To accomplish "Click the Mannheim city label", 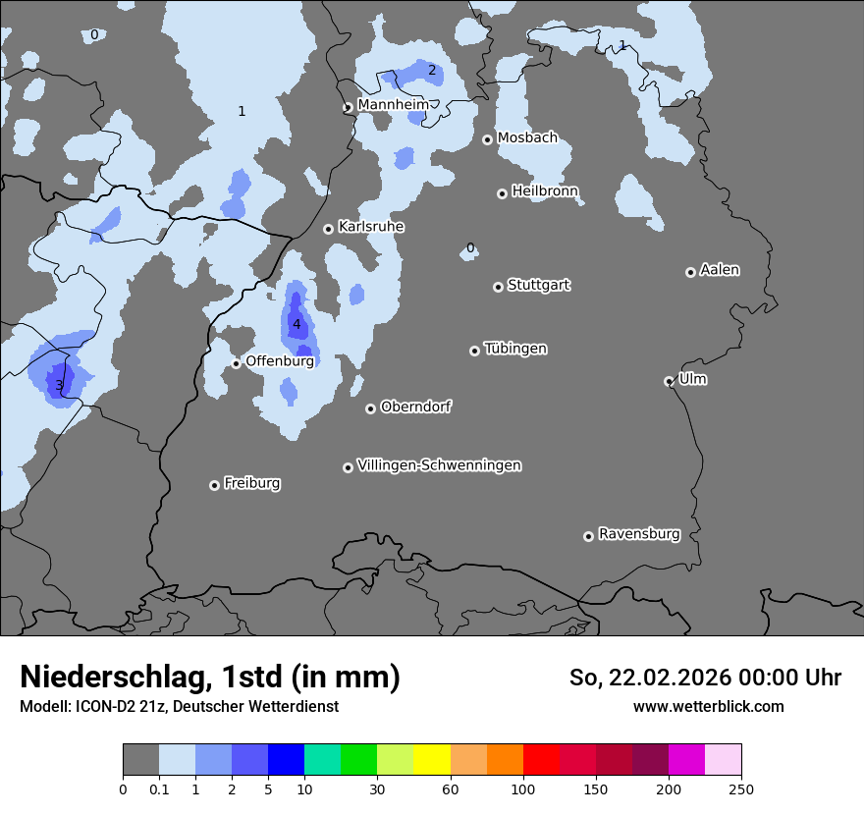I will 393,104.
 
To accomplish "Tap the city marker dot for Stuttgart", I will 498,287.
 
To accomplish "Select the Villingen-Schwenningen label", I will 439,465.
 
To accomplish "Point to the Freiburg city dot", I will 214,485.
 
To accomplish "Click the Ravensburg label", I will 639,534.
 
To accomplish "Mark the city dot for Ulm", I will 669,381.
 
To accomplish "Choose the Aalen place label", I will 720,270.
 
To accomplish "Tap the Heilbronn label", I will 545,190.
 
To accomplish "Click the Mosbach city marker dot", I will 487,139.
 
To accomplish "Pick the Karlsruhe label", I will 371,227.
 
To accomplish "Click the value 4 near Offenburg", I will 297,324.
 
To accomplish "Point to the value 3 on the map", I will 59,385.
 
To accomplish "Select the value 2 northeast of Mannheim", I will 431,70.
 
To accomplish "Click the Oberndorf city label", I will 415,407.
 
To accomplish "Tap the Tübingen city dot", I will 474,351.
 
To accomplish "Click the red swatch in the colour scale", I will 541,760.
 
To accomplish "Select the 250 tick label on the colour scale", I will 741,788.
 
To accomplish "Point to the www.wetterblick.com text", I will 708,706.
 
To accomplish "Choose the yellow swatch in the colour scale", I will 432,760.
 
